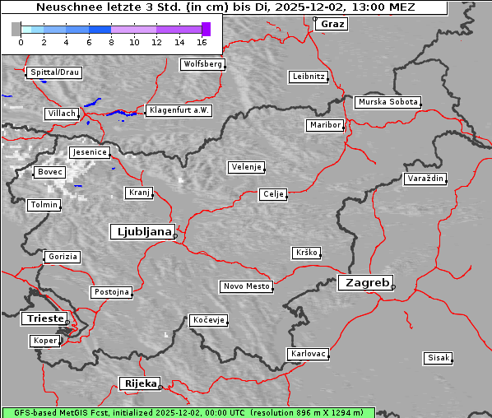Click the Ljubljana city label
point(142,231)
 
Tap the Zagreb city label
point(364,282)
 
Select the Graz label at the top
point(332,24)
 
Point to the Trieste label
point(43,318)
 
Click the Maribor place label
point(324,125)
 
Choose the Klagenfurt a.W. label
point(179,110)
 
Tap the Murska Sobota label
point(388,103)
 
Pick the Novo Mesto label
point(246,286)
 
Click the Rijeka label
point(140,383)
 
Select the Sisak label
point(438,358)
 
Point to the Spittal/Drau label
point(54,72)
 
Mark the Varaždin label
point(425,179)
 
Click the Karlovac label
point(308,354)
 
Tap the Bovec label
point(49,172)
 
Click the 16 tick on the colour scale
point(202,41)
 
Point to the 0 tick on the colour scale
point(21,41)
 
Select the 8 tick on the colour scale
point(111,41)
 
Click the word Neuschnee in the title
point(70,7)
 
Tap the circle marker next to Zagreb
point(393,287)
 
